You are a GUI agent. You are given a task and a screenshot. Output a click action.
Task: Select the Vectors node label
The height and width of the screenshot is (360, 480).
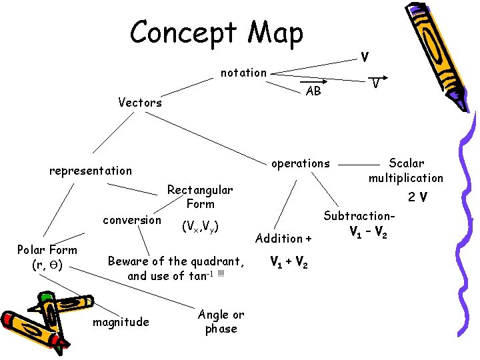click(x=140, y=103)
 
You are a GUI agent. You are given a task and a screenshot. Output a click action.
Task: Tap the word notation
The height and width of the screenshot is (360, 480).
click(x=244, y=73)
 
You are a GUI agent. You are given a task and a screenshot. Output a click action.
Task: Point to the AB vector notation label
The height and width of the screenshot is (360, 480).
click(x=313, y=91)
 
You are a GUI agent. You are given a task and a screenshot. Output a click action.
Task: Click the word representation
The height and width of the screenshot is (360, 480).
click(x=91, y=171)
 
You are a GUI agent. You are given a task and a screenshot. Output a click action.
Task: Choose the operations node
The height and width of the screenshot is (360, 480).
click(x=300, y=163)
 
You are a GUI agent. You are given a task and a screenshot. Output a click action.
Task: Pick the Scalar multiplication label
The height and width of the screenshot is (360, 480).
click(x=406, y=171)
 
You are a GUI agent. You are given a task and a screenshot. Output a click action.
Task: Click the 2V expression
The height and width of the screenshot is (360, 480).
click(x=418, y=197)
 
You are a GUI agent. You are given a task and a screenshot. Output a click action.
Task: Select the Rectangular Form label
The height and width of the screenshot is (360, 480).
click(x=200, y=197)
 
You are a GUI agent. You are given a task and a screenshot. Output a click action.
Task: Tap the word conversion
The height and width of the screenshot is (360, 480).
click(x=132, y=220)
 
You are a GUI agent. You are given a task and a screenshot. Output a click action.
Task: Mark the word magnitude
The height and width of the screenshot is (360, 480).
click(x=121, y=322)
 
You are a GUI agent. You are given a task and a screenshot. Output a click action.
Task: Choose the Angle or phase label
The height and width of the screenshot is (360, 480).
click(x=221, y=321)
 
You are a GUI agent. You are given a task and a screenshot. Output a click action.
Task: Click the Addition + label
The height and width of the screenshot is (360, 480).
click(x=283, y=238)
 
